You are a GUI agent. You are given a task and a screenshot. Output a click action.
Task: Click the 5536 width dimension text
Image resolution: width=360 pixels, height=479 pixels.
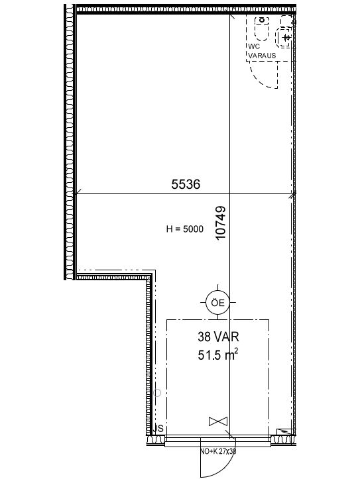(186, 184)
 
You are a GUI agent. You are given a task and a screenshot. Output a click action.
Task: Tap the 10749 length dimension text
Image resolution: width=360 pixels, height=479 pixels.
(221, 223)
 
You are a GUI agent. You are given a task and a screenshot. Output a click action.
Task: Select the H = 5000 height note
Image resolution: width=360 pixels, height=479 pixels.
(184, 229)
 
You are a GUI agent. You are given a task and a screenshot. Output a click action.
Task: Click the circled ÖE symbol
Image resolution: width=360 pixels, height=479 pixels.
(217, 302)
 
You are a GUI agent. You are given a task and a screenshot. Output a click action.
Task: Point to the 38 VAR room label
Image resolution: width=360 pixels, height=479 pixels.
(218, 337)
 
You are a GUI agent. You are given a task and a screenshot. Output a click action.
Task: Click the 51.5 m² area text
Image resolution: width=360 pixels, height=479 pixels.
(218, 354)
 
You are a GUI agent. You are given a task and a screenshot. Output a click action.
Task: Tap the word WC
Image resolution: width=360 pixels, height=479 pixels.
(254, 47)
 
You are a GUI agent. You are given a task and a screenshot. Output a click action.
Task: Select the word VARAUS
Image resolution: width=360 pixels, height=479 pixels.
(262, 56)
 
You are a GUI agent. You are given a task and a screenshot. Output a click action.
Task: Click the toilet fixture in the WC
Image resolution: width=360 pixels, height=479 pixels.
(262, 28)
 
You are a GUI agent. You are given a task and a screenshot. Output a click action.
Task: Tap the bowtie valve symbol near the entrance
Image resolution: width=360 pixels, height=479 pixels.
(218, 421)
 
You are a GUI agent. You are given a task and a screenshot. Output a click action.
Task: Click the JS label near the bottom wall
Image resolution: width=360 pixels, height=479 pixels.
(159, 428)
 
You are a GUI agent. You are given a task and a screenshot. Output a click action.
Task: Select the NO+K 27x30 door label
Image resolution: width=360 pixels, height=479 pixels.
(218, 451)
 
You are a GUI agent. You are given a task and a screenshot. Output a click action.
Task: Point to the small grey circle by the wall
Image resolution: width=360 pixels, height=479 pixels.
(157, 393)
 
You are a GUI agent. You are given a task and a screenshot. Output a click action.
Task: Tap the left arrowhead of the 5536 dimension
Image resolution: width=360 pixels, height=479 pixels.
(78, 192)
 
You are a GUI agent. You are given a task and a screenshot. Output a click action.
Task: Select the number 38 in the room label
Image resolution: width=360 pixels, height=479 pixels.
(204, 337)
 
